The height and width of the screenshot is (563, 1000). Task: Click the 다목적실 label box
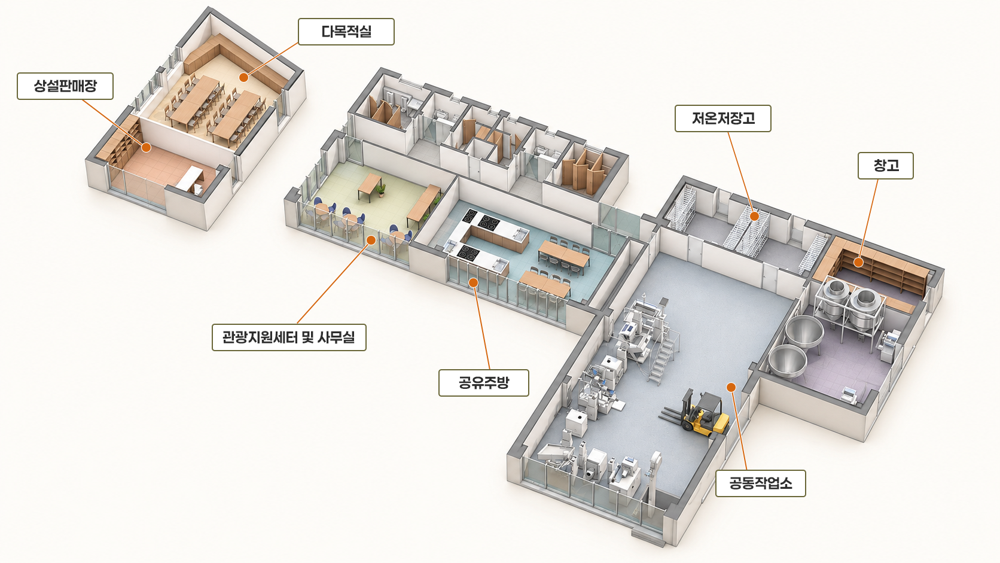coord(346,32)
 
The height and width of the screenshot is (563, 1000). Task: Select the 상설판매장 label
coord(65,86)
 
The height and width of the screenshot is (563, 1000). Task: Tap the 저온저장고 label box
coord(722,118)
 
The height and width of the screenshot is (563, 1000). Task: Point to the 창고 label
coord(886,166)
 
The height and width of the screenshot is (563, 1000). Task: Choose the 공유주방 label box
coord(484,383)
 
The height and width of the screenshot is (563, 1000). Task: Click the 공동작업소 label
coord(761,483)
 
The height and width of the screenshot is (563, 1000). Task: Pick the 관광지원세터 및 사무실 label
coord(289,337)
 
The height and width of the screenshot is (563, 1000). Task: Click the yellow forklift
coord(699,413)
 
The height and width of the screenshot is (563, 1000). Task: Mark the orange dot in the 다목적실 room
coord(243,77)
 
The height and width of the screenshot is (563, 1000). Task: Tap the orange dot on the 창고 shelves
coord(858,262)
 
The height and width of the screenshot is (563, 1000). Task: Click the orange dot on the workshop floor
coord(731,387)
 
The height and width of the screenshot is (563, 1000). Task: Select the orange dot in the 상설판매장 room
coord(146,147)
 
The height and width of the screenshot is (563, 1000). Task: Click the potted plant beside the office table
coord(381,190)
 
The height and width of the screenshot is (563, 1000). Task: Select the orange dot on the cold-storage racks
coord(754,216)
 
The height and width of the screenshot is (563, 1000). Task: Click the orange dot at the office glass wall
coord(371,240)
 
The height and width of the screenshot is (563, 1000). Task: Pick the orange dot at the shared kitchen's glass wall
coord(473,282)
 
